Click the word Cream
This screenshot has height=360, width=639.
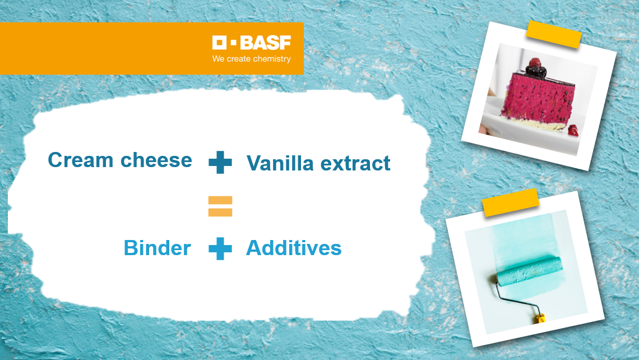[x=80, y=160]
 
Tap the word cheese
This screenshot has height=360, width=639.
[x=156, y=160]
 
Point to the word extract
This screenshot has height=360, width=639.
[x=355, y=164]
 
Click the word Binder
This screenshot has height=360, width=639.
[x=158, y=248]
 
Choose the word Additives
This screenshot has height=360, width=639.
[x=294, y=248]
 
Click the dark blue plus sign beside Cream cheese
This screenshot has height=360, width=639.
[x=220, y=162]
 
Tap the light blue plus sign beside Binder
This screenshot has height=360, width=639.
[x=220, y=248]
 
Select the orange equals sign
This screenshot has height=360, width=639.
[x=220, y=206]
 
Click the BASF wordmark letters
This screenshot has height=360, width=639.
[x=265, y=43]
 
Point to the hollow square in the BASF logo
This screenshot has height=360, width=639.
[x=219, y=43]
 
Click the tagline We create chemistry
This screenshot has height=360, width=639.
[x=252, y=59]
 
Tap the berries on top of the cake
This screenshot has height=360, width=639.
[x=535, y=68]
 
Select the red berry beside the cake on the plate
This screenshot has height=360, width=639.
[x=573, y=131]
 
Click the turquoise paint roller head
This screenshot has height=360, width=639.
[x=529, y=270]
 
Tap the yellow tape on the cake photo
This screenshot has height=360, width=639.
[x=554, y=35]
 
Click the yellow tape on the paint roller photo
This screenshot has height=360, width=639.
[x=511, y=202]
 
